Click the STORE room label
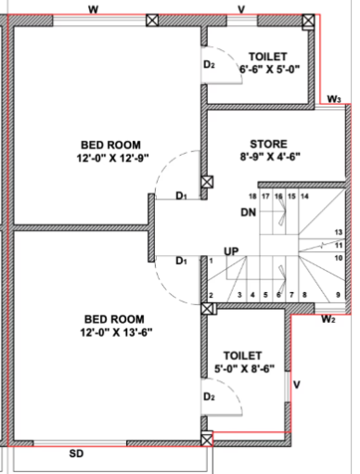(x=268, y=144)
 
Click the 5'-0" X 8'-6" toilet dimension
(x=242, y=369)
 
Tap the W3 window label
(x=334, y=99)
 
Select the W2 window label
(x=328, y=320)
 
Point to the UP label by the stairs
(x=231, y=251)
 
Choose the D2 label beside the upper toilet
(x=210, y=65)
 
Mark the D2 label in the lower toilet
(x=210, y=397)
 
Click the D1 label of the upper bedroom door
(x=181, y=196)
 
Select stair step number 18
(x=251, y=197)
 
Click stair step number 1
(x=212, y=262)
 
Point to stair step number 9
(x=338, y=295)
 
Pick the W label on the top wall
(x=93, y=8)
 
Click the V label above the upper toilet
(x=241, y=8)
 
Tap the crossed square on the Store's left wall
(x=207, y=183)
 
